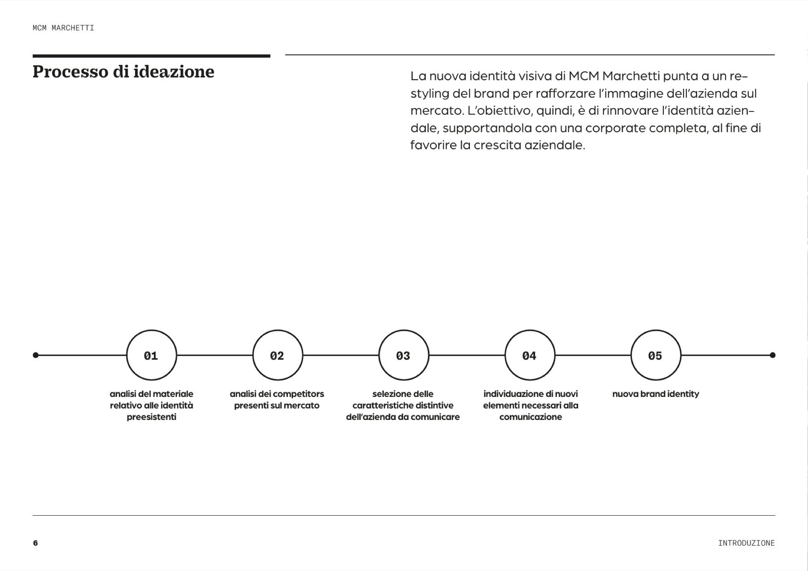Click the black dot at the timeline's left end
[36, 355]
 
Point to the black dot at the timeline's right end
[772, 355]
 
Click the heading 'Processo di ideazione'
[123, 72]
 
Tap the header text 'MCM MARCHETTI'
[63, 28]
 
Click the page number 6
[35, 543]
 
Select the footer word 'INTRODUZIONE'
[746, 543]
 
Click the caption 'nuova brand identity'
[656, 394]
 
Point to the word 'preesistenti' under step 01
[151, 417]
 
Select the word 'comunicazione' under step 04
[530, 417]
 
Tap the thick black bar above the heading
[151, 56]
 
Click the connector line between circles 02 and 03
[341, 355]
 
